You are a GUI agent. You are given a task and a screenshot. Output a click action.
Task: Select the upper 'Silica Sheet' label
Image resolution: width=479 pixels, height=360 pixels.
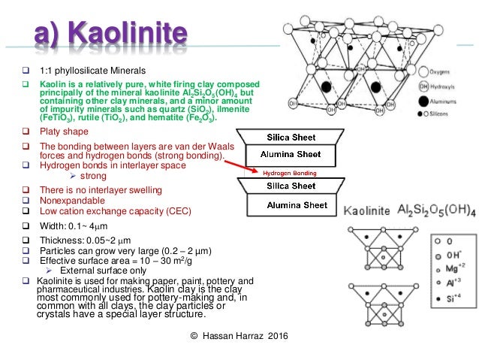292,138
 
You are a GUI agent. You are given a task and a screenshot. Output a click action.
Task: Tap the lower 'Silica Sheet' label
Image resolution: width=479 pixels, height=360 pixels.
292,186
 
